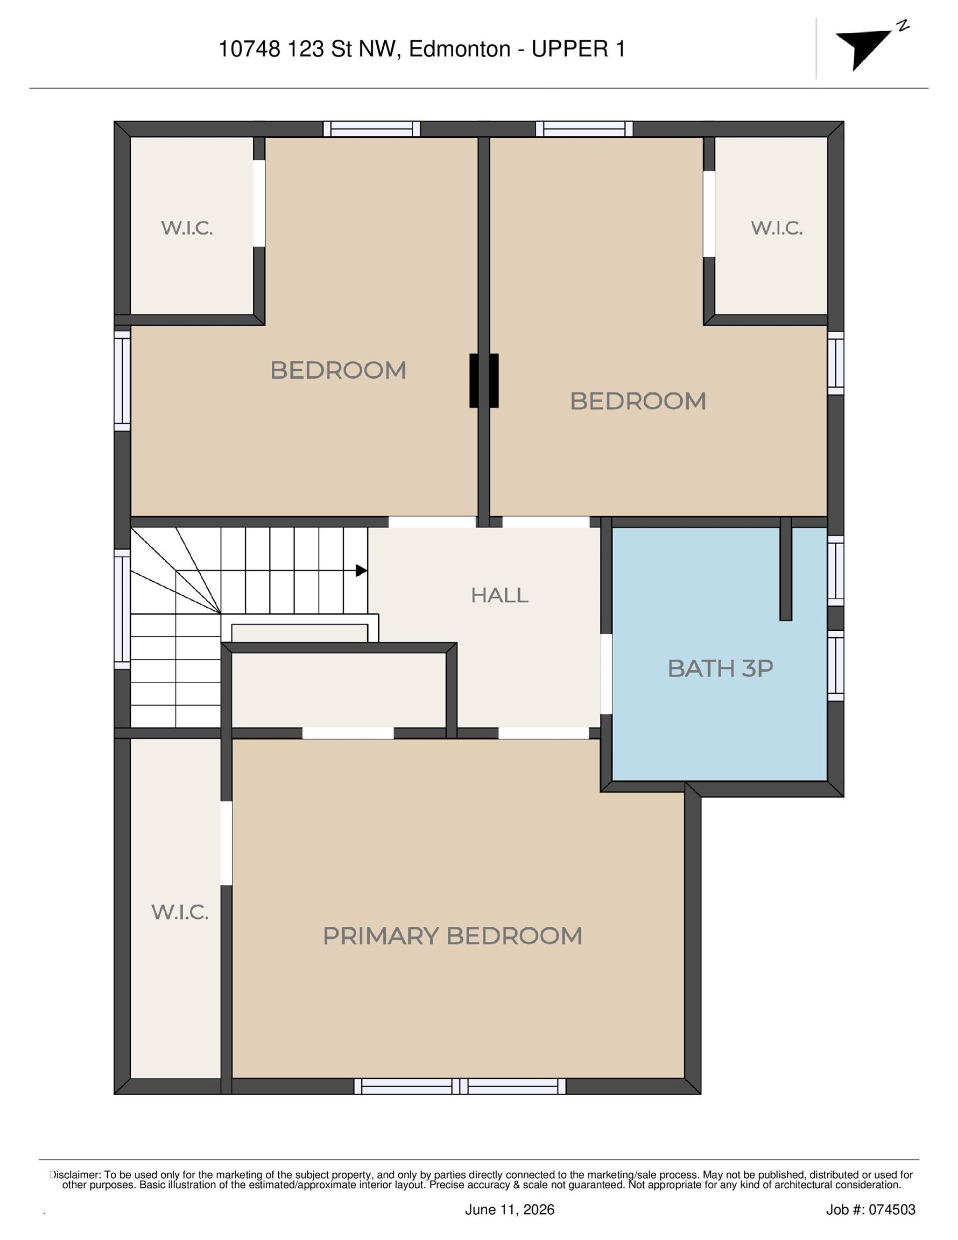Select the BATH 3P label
click(720, 668)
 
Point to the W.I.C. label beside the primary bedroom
click(179, 912)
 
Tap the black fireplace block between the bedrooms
click(484, 381)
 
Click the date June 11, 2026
click(509, 1209)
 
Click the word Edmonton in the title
click(460, 50)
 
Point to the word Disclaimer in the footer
click(75, 1175)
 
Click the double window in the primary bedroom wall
click(460, 1086)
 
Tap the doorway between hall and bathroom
click(607, 674)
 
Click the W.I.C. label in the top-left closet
click(187, 228)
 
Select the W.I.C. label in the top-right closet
click(777, 228)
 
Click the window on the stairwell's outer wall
click(122, 609)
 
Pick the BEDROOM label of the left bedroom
click(339, 371)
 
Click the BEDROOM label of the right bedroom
click(638, 401)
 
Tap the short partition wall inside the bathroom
click(786, 568)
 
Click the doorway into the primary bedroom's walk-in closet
click(226, 843)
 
